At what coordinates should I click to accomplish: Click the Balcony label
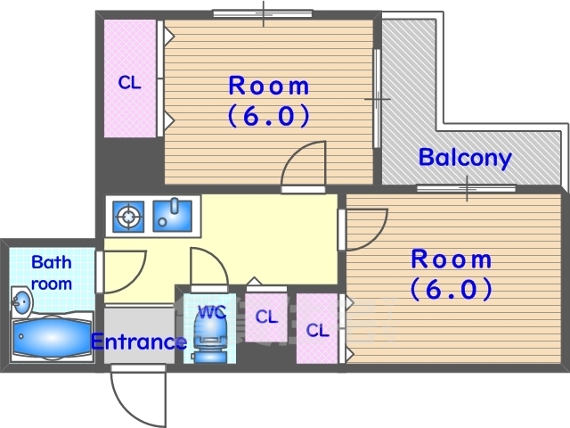pos(465,158)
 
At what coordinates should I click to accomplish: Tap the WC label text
pos(212,312)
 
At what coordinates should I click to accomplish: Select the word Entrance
pos(139,342)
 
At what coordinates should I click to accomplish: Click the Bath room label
pos(52,273)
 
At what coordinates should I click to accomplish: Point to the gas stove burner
pos(128,217)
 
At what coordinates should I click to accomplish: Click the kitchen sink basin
pos(172,216)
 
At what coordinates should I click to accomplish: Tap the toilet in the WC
pos(208,338)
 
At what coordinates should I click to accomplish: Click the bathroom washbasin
pos(21,301)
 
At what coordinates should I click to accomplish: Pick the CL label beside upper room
pos(129,83)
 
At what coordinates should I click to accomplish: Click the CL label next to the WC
pos(266,317)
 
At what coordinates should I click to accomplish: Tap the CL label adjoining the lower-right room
pos(317,331)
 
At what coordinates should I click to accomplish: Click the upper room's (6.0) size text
pos(269,116)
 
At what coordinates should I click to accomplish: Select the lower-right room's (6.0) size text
pos(452,289)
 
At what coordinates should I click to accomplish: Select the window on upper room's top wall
pos(263,14)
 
